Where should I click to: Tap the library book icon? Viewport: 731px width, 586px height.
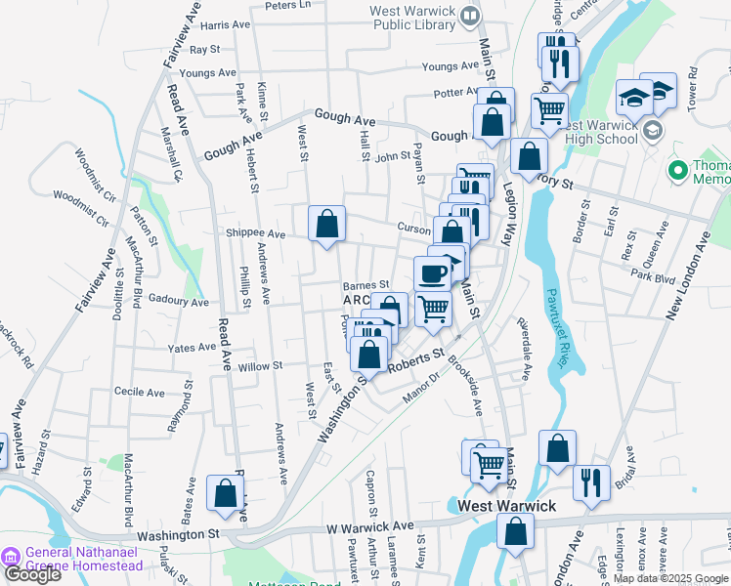pos(470,15)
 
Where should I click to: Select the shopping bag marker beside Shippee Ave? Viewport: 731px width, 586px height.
pos(326,225)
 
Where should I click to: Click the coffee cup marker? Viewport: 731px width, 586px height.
pos(432,272)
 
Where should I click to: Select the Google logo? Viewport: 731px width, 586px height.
pos(32,574)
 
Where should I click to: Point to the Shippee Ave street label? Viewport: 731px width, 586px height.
pos(255,234)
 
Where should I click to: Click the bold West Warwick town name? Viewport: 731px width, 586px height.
pos(507,506)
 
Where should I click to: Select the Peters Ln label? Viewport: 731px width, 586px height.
pos(286,5)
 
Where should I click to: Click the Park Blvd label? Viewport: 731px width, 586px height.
pos(653,277)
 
